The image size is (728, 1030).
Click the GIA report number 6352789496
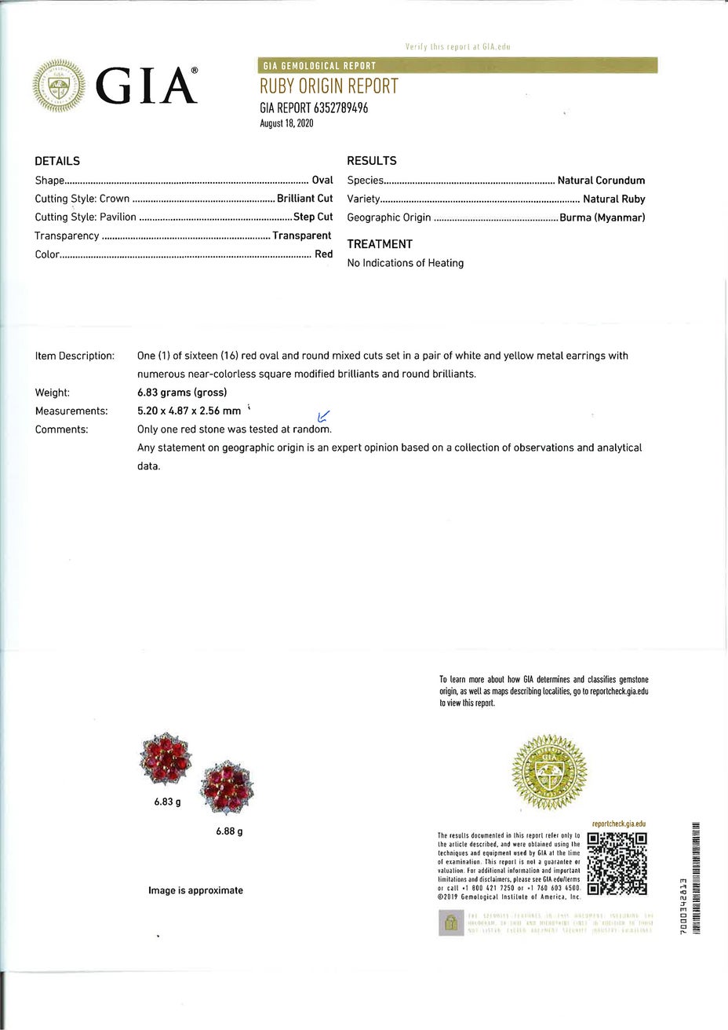(314, 108)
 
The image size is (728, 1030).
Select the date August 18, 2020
(286, 124)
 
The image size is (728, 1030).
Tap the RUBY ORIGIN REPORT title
(329, 86)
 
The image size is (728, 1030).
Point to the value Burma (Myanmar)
(602, 217)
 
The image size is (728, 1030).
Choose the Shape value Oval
(322, 181)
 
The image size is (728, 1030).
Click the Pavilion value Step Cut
(313, 217)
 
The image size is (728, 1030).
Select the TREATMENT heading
(380, 244)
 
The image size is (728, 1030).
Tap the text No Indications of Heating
(405, 263)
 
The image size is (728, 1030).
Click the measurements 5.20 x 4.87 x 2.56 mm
(188, 411)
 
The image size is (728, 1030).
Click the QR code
(617, 864)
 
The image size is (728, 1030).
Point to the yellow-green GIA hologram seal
(548, 772)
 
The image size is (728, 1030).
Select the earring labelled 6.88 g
(227, 791)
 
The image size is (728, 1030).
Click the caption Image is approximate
(195, 890)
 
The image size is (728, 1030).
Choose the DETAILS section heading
(57, 161)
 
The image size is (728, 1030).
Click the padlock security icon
(450, 923)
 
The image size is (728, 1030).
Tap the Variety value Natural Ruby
(613, 199)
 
